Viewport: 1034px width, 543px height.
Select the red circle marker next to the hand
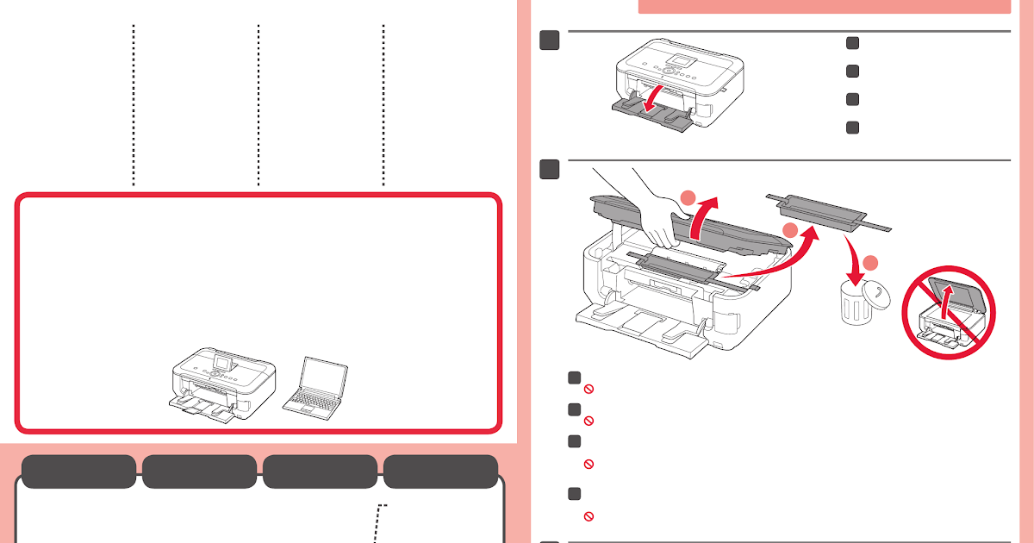(x=687, y=199)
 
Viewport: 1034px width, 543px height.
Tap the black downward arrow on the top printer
(x=658, y=91)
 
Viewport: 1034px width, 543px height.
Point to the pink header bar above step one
(x=823, y=7)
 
